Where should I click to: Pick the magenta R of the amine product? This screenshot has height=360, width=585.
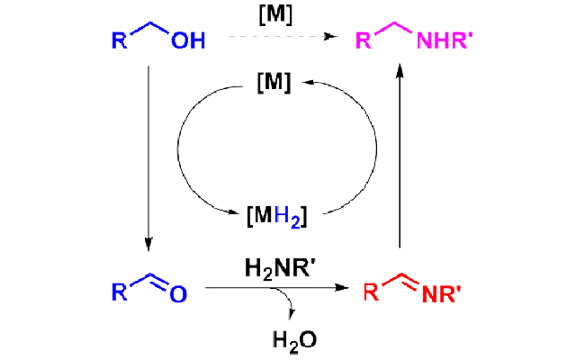(364, 41)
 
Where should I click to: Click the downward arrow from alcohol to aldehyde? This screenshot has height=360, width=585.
(148, 153)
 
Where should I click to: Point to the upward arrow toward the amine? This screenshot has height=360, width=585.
(399, 153)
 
